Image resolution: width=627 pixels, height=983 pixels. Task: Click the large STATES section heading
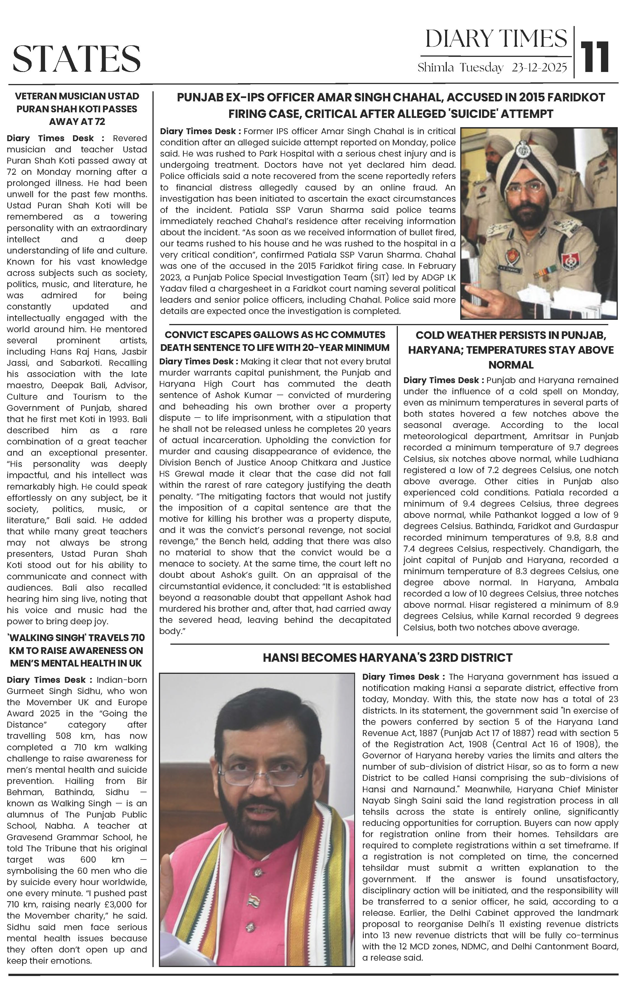(x=77, y=58)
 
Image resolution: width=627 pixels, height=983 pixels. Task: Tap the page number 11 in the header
(x=595, y=56)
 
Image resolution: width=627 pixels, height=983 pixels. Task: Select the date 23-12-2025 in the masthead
(x=539, y=68)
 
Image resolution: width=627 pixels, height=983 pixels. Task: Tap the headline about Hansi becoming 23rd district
(x=387, y=658)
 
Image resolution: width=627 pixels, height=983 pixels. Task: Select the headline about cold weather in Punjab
(x=511, y=350)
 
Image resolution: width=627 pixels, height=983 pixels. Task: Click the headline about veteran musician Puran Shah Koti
(x=77, y=109)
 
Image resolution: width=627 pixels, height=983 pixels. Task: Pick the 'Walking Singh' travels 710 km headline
(x=77, y=650)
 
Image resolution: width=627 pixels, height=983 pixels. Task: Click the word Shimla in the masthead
(x=435, y=68)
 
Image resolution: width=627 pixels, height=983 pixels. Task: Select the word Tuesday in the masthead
(x=481, y=68)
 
